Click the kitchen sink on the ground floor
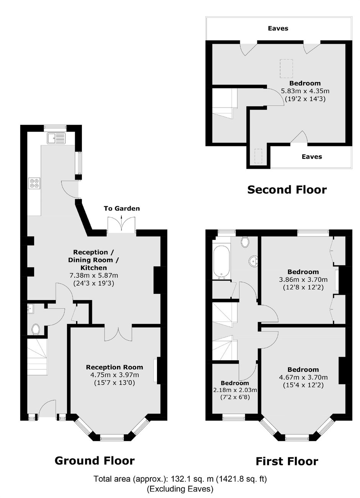tap(56, 138)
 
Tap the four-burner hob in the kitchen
tap(34, 184)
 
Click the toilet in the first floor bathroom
tap(244, 242)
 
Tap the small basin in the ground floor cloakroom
tap(31, 309)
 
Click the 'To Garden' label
tap(122, 209)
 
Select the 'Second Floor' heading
tap(287, 190)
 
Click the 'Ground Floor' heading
tap(95, 461)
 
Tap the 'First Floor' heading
tap(287, 461)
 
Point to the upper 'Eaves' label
tap(278, 28)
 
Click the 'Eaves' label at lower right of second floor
tap(312, 157)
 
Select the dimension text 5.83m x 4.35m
tap(305, 91)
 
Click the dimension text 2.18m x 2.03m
tap(235, 390)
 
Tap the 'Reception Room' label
tap(115, 367)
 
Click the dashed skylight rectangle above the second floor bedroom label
tap(286, 69)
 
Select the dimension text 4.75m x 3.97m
tap(115, 375)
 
